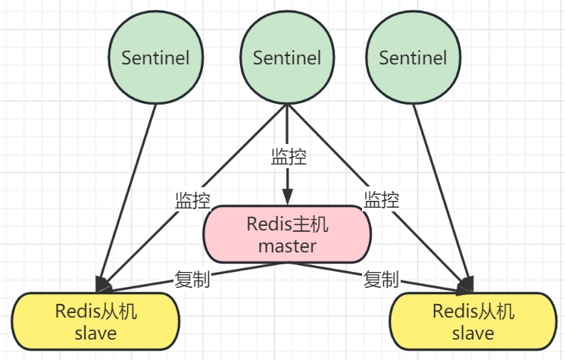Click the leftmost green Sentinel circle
click(x=156, y=58)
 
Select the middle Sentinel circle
click(x=286, y=58)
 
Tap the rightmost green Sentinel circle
click(x=413, y=58)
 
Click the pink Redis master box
click(x=287, y=235)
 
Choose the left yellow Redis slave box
click(x=96, y=321)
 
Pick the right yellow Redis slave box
click(x=473, y=321)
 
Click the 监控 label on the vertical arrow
click(x=289, y=158)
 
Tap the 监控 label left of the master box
click(x=192, y=200)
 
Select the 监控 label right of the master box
click(x=382, y=200)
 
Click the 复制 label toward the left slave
click(x=192, y=279)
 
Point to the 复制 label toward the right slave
click(x=381, y=279)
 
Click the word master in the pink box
click(x=287, y=246)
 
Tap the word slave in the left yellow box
click(x=96, y=333)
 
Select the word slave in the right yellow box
click(x=473, y=333)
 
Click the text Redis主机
click(x=287, y=224)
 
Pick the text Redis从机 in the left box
click(x=96, y=311)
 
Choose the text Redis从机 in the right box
click(x=473, y=311)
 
